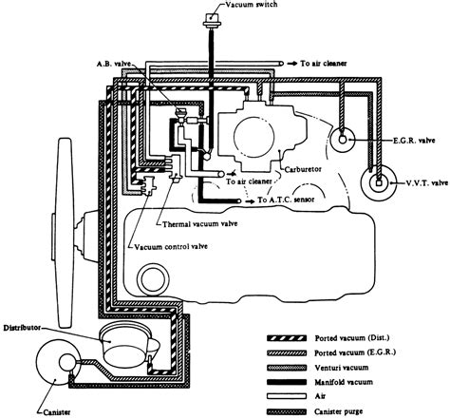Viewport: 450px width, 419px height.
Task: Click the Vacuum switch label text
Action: pyautogui.click(x=252, y=5)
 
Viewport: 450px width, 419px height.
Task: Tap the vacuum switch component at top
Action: pyautogui.click(x=212, y=21)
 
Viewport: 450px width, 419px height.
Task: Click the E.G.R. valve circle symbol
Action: pyautogui.click(x=342, y=139)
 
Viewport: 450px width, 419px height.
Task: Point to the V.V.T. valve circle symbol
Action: pyautogui.click(x=379, y=182)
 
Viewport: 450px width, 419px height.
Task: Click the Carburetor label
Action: pyautogui.click(x=303, y=169)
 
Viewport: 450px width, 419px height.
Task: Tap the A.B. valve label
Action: pyautogui.click(x=114, y=64)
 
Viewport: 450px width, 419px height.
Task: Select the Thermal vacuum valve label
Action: pyautogui.click(x=200, y=224)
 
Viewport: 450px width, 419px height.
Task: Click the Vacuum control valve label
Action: pyautogui.click(x=171, y=246)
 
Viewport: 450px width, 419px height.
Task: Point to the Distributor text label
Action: pyautogui.click(x=22, y=328)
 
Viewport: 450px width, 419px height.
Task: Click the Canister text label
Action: pyautogui.click(x=57, y=412)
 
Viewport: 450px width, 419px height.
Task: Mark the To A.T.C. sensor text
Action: pyautogui.click(x=286, y=200)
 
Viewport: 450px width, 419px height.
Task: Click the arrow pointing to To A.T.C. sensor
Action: pyautogui.click(x=250, y=201)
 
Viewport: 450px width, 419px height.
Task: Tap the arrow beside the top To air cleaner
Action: pyautogui.click(x=292, y=64)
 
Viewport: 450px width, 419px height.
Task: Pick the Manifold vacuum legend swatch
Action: pyautogui.click(x=287, y=382)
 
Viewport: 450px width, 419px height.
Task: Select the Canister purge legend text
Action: pyautogui.click(x=338, y=411)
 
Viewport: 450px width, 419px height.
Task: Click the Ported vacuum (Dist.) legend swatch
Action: pyautogui.click(x=287, y=338)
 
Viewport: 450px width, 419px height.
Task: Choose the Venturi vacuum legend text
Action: pyautogui.click(x=342, y=368)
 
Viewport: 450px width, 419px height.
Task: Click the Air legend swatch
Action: pyautogui.click(x=287, y=396)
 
